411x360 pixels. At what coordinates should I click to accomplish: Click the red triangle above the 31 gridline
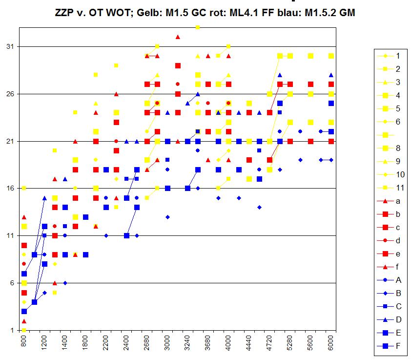[178, 37]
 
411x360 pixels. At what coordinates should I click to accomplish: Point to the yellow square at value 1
[24, 330]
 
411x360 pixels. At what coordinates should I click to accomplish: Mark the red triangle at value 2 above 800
[24, 321]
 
